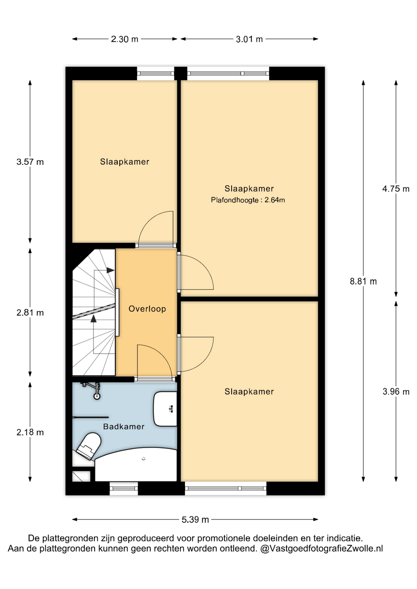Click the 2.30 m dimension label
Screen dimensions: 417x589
(x=124, y=39)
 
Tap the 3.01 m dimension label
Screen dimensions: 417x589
(x=249, y=39)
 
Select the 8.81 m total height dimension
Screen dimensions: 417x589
(x=363, y=281)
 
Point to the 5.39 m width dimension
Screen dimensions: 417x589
(x=195, y=520)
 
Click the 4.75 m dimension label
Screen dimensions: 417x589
(x=396, y=189)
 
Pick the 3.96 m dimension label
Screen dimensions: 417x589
(x=396, y=392)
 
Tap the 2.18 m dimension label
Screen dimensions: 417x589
(x=30, y=433)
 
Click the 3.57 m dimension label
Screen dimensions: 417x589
(x=30, y=162)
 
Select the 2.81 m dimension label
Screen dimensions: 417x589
(x=30, y=313)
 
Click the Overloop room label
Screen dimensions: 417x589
(x=147, y=309)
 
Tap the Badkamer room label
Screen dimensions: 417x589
(x=124, y=427)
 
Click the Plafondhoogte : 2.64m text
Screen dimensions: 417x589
(x=248, y=200)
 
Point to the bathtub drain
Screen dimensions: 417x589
(x=143, y=459)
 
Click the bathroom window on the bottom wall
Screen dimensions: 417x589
(x=124, y=488)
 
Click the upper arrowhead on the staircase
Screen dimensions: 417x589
(x=110, y=270)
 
